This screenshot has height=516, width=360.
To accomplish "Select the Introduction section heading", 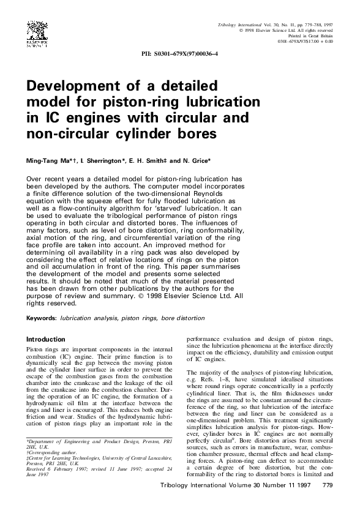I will [45, 339].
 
